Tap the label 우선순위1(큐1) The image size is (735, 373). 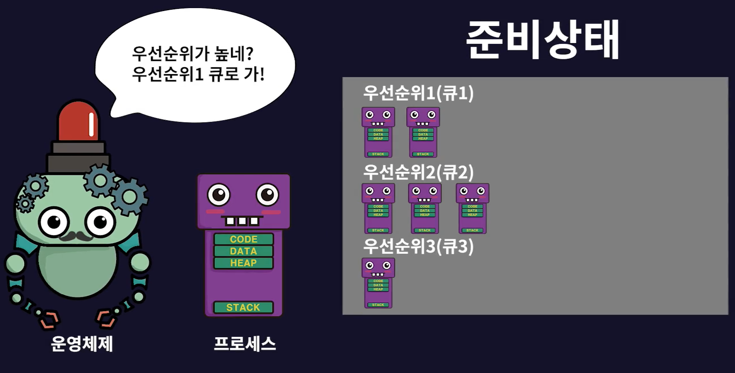pyautogui.click(x=418, y=93)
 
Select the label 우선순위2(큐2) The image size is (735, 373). pyautogui.click(x=418, y=172)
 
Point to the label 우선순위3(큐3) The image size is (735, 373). pyautogui.click(x=418, y=247)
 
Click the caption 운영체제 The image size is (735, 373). pyautogui.click(x=82, y=344)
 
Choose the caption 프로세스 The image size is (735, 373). pyautogui.click(x=245, y=344)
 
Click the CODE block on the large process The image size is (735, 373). pyautogui.click(x=243, y=239)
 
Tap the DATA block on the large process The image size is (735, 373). pyautogui.click(x=243, y=251)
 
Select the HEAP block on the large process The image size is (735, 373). pyautogui.click(x=243, y=263)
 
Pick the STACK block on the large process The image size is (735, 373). pyautogui.click(x=243, y=307)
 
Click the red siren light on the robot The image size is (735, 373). pyautogui.click(x=79, y=121)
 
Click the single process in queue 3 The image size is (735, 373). pyautogui.click(x=378, y=283)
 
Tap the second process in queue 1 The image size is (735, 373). pyautogui.click(x=423, y=132)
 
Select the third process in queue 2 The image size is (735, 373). pyautogui.click(x=472, y=208)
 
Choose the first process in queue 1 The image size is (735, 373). pyautogui.click(x=378, y=132)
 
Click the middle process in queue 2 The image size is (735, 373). pyautogui.click(x=425, y=208)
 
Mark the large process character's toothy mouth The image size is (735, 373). pyautogui.click(x=242, y=221)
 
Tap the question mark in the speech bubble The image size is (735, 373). pyautogui.click(x=250, y=54)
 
